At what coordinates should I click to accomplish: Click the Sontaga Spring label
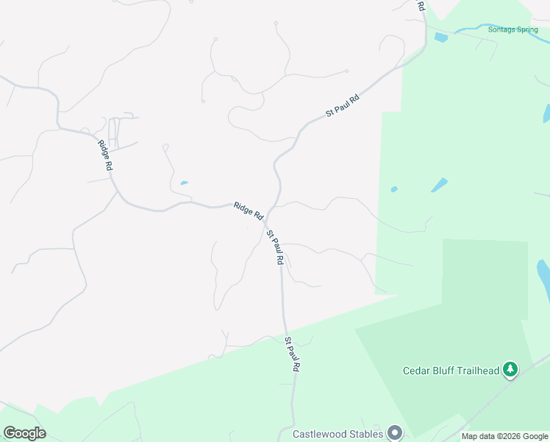512,29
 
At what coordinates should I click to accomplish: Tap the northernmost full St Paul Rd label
343,105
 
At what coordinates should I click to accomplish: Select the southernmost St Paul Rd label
293,355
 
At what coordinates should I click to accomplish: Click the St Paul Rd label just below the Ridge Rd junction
276,248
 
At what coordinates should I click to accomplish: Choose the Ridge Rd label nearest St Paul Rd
249,211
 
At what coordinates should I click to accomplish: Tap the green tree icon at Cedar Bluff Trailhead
510,369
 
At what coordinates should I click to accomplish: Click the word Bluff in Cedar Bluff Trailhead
446,371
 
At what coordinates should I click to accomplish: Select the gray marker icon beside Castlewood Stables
395,432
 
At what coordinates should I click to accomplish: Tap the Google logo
24,433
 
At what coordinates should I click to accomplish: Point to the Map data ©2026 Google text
504,436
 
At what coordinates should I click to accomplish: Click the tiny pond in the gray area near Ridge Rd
184,183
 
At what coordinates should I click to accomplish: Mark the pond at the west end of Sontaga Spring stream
441,36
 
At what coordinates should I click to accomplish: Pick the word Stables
368,434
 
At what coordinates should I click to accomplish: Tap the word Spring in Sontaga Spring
526,29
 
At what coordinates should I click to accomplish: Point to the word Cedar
416,371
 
